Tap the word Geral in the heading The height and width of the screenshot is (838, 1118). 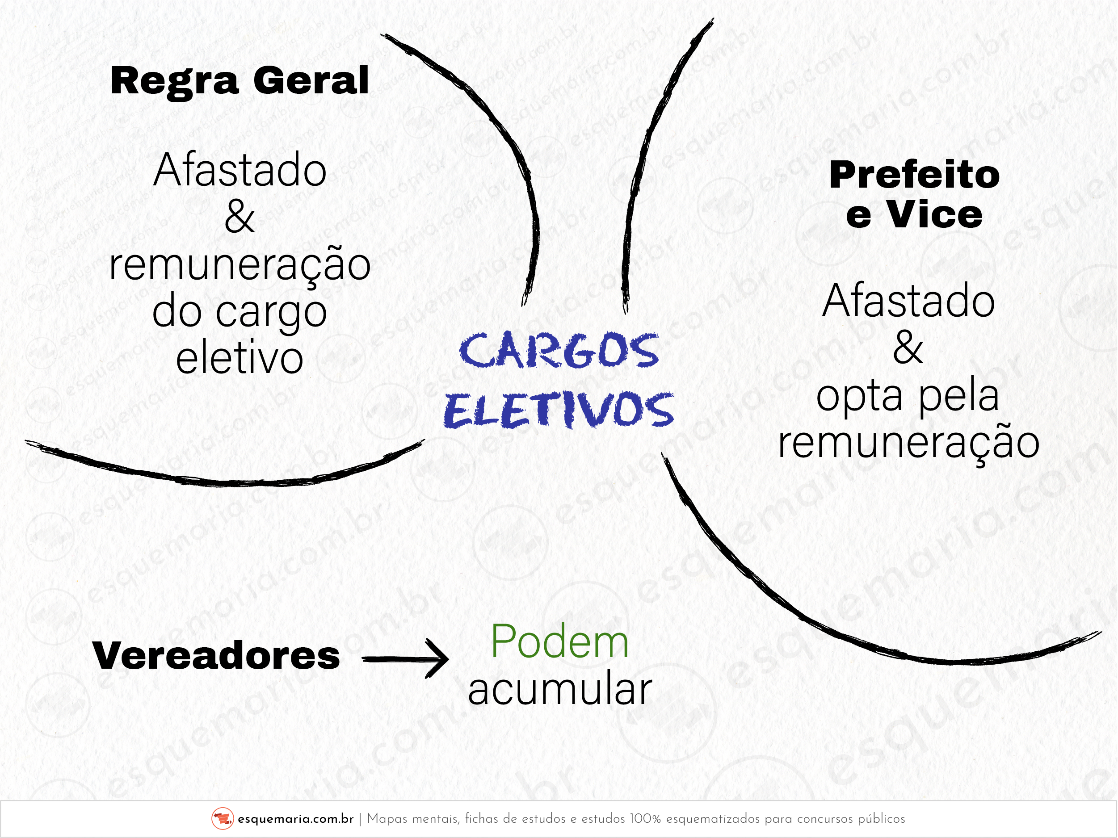click(x=311, y=80)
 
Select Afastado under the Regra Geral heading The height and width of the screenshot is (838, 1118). click(x=240, y=170)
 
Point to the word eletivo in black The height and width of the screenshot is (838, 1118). click(x=240, y=358)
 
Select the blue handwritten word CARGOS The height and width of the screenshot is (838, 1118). click(x=559, y=351)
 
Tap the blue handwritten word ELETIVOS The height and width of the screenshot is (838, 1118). click(x=559, y=410)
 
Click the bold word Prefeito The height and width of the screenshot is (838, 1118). click(x=915, y=175)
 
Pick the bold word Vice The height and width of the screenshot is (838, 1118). click(x=935, y=215)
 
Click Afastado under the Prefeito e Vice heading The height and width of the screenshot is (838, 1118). click(x=909, y=301)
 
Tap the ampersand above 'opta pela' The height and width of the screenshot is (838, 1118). click(x=908, y=348)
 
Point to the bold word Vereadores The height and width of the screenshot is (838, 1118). click(x=216, y=656)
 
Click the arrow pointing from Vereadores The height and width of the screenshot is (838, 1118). click(x=405, y=659)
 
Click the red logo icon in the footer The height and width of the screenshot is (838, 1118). click(x=223, y=818)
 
